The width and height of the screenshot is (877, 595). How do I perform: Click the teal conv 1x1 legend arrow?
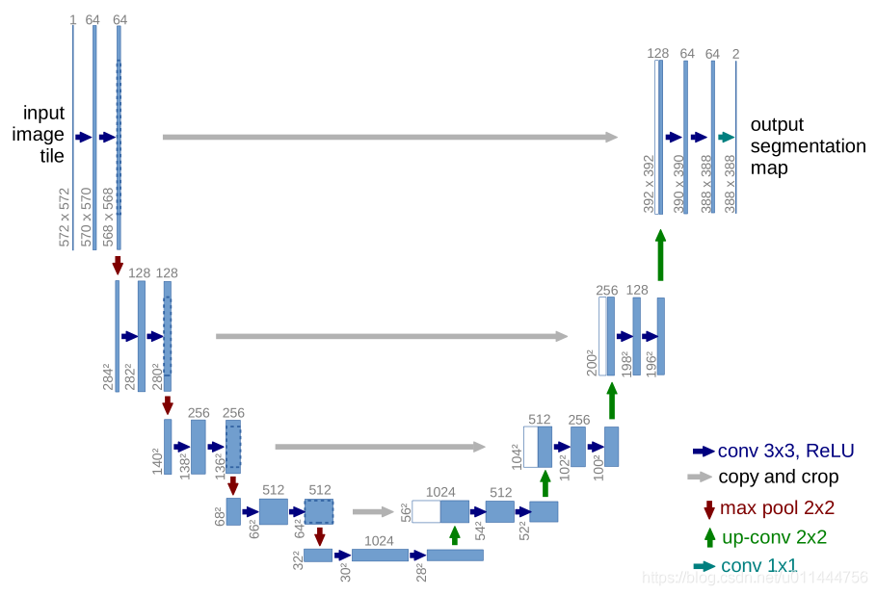click(x=704, y=566)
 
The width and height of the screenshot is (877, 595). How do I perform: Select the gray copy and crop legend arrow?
click(x=700, y=477)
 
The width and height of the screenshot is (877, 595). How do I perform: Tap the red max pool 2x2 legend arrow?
click(x=709, y=508)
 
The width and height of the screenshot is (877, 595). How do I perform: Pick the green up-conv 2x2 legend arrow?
click(x=709, y=537)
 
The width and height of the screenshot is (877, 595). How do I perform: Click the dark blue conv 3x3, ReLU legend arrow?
click(x=704, y=450)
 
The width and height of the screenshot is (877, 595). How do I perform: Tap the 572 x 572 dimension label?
click(x=65, y=218)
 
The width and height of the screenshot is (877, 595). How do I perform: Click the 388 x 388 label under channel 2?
click(x=730, y=184)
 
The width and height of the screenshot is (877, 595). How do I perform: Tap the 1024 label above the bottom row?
click(x=379, y=541)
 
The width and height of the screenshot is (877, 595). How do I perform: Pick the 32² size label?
click(x=298, y=559)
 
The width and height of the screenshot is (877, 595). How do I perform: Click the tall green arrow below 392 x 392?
click(x=660, y=254)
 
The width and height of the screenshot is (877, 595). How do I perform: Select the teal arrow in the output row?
click(x=726, y=137)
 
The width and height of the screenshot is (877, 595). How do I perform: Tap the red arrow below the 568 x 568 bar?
click(x=118, y=264)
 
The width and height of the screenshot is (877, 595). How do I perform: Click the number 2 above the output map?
click(x=735, y=54)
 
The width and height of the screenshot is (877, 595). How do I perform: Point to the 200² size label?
click(x=591, y=362)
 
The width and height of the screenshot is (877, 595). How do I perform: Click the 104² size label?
click(x=517, y=454)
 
